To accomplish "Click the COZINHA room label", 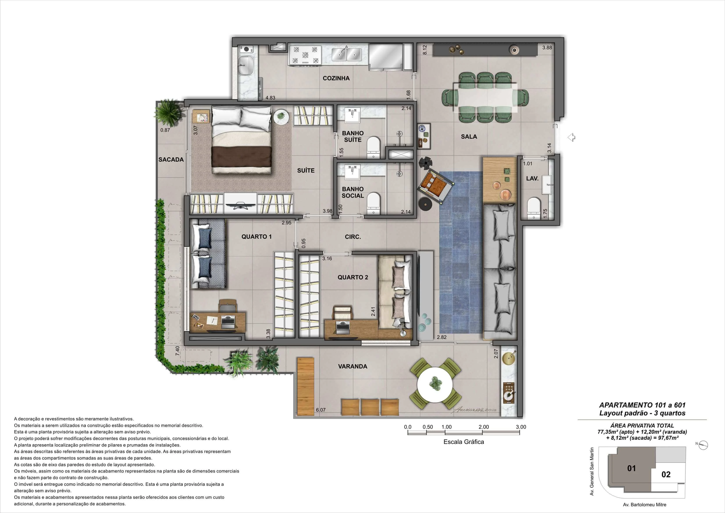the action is (336, 78).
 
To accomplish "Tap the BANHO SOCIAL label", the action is (353, 192).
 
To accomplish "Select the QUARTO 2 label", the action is (353, 277).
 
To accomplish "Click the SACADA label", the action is (171, 160).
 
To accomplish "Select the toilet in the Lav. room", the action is (534, 208).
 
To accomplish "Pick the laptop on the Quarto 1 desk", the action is (228, 321).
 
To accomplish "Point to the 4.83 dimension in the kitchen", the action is (270, 98).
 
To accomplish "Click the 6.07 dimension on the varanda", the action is (321, 410).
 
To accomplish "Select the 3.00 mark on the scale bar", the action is (521, 427).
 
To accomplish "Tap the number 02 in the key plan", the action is (666, 474).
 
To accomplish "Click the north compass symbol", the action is (704, 445).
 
